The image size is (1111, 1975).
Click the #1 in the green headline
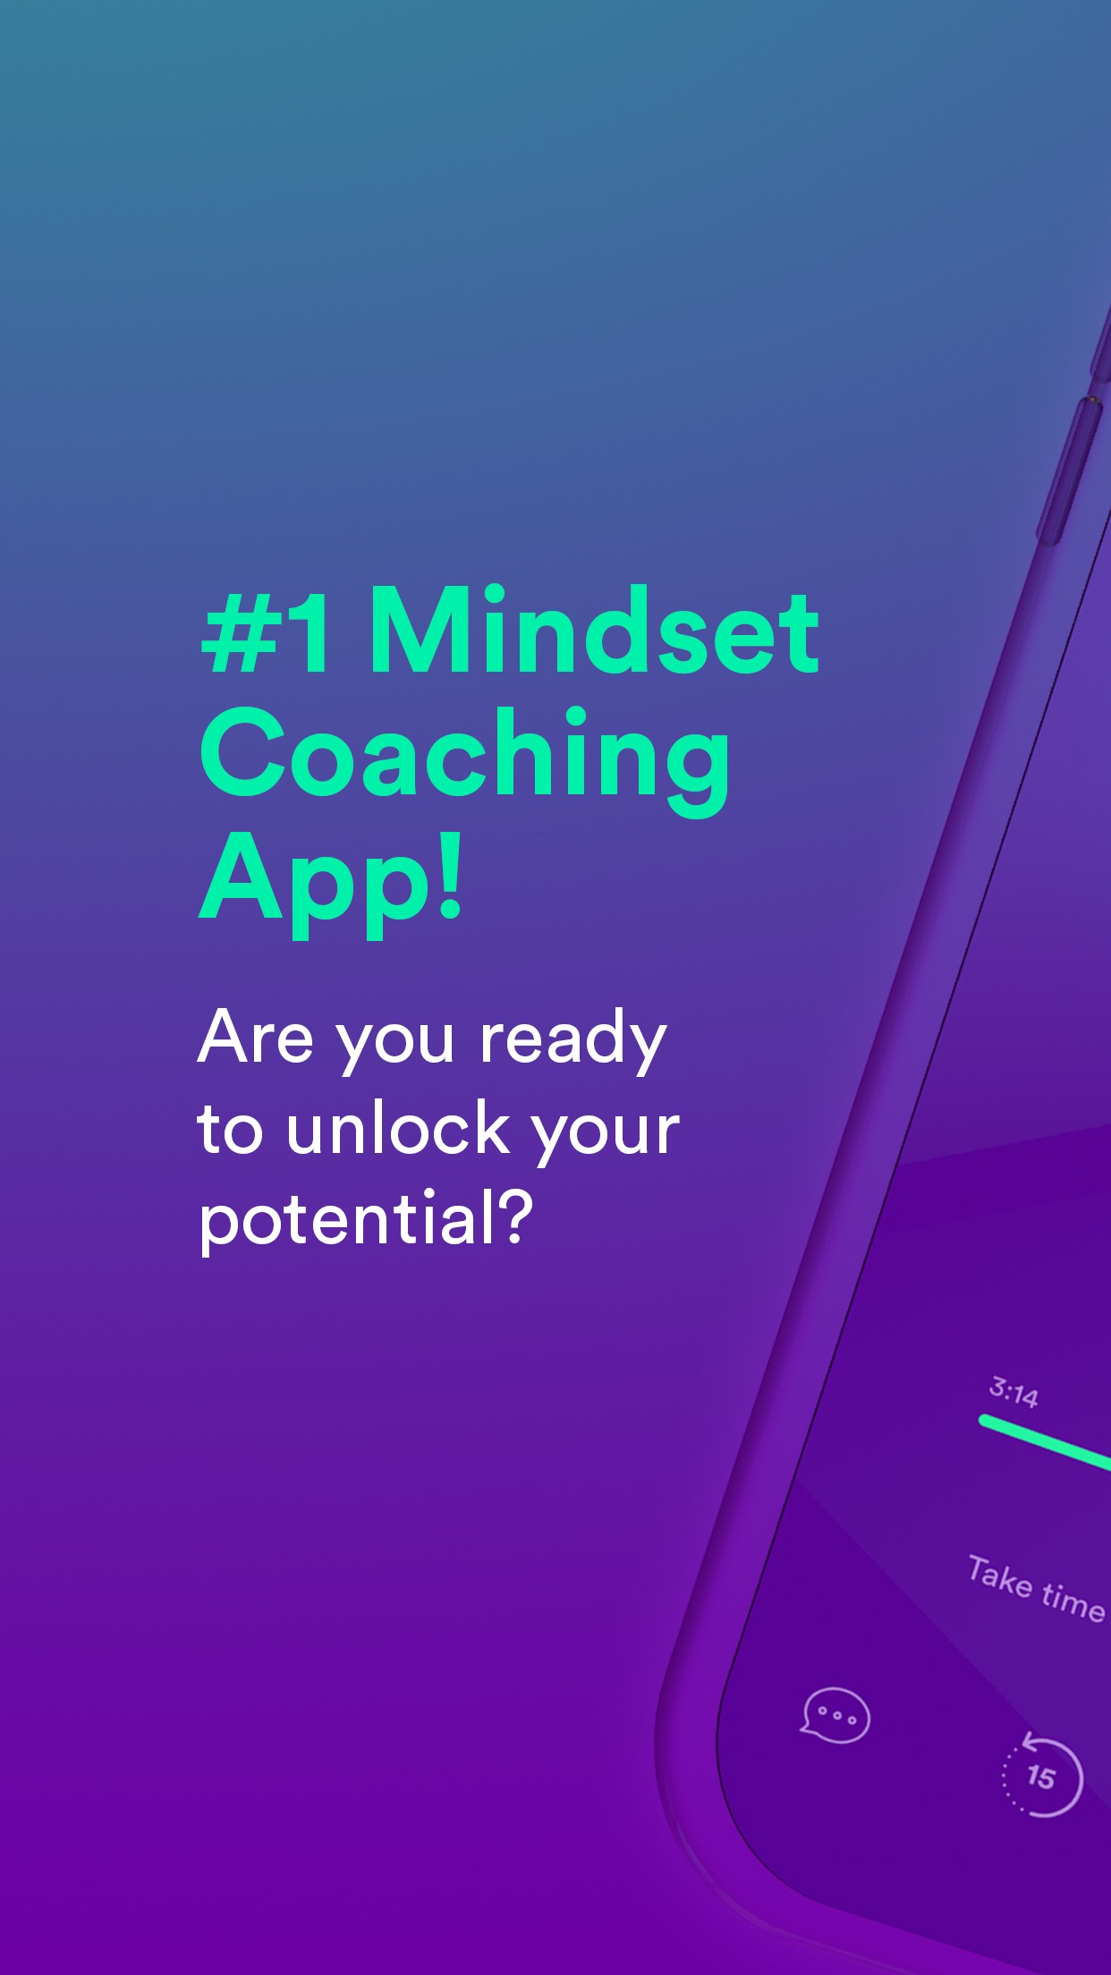pos(266,631)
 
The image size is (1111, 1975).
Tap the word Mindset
pos(594,630)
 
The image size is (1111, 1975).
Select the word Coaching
pos(464,760)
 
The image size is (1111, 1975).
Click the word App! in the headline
pos(330,883)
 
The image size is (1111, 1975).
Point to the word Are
pos(256,1038)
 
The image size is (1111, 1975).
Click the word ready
pos(573,1042)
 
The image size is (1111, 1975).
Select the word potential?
pos(366,1221)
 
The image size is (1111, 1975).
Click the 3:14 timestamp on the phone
pos(1013,1393)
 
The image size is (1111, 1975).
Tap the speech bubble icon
pos(835,1716)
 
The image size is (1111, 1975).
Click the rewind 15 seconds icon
pos(1042,1776)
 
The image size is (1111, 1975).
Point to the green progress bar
pos(1045,1444)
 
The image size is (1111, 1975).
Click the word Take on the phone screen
pos(999,1577)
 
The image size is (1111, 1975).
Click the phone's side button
pos(1070,470)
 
